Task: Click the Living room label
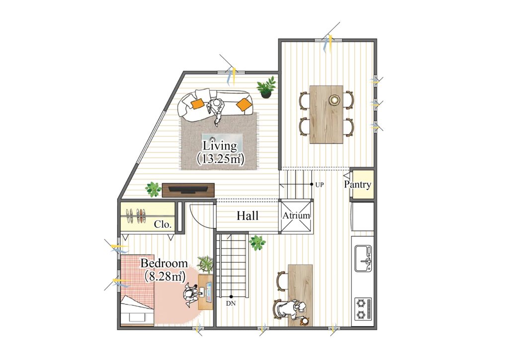(220, 146)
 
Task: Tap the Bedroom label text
(164, 263)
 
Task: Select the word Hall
(248, 215)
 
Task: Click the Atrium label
(296, 215)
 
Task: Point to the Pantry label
(357, 184)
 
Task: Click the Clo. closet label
(163, 224)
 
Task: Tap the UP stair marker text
(320, 184)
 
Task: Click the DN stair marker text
(231, 304)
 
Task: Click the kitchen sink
(363, 259)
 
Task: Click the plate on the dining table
(334, 99)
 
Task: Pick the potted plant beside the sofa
(266, 88)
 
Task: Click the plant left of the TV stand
(153, 189)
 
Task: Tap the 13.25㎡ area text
(220, 159)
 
